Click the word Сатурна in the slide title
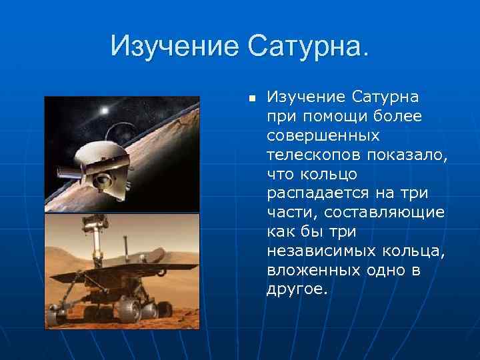coord(307,46)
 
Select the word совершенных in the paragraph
coord(323,135)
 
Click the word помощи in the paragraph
coord(328,116)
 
